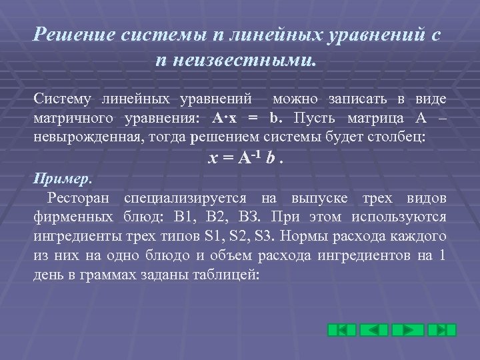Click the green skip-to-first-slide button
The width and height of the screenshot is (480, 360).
coord(341,330)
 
